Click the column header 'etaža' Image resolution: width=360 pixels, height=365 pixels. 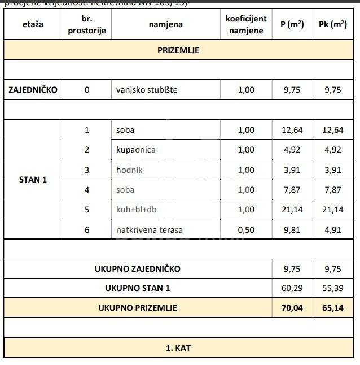coord(33,24)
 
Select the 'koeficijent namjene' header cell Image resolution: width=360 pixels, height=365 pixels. coord(246,24)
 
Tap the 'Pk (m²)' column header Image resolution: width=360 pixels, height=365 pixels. coord(332,24)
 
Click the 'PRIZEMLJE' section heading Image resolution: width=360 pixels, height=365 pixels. coord(178,50)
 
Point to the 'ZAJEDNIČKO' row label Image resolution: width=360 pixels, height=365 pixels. coord(33,89)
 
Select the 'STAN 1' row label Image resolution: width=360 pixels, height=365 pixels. coord(33,180)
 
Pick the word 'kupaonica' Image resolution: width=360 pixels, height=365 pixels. coord(135,150)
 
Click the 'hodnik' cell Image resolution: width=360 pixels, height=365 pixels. coord(129,170)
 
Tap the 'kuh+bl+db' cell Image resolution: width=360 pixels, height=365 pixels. coord(136,210)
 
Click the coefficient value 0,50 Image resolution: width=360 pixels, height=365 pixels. coord(246,230)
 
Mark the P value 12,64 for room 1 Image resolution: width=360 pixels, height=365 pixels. coord(292,130)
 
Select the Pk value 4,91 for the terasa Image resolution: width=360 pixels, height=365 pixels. coord(332,230)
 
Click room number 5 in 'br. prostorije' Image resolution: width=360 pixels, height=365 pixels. coord(87,210)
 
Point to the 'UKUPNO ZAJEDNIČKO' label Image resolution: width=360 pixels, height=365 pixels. coord(138,269)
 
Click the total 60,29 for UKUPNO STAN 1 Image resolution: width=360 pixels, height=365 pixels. coord(292,288)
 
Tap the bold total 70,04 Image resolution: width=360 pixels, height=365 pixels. coord(292,308)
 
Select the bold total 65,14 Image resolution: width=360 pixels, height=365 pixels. coord(332,308)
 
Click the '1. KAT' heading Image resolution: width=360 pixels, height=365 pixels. coord(178,347)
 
